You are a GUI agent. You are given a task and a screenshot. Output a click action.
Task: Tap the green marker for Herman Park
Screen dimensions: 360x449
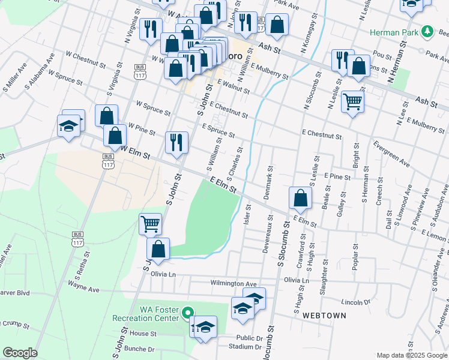(427, 31)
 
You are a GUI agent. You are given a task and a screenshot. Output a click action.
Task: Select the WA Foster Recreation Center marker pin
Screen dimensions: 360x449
(187, 313)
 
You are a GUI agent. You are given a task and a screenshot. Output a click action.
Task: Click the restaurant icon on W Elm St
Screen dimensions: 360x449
(176, 142)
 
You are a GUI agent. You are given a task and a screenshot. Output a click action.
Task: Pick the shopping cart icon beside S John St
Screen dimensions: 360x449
(150, 224)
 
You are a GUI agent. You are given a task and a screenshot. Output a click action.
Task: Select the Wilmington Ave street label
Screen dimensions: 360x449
(234, 283)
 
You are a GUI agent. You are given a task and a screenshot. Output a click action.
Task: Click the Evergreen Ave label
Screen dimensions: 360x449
(391, 155)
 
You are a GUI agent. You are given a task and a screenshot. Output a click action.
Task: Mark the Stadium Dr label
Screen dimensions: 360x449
(250, 347)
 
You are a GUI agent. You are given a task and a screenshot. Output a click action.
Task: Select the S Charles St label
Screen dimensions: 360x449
(234, 162)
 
